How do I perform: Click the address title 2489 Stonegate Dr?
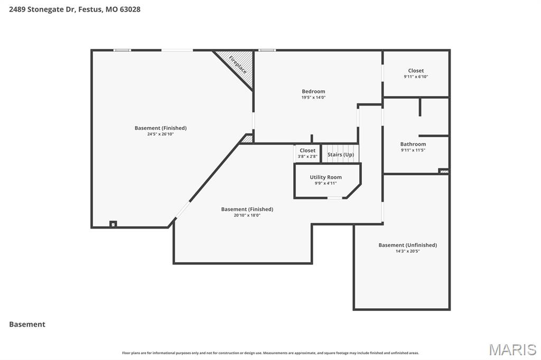tap(74, 9)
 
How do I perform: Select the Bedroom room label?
tap(313, 91)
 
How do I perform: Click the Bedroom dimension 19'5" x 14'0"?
tap(313, 97)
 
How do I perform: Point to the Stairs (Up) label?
tap(341, 155)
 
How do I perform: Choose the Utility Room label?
tap(325, 177)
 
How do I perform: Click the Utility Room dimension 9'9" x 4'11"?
tap(325, 183)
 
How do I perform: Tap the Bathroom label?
tap(413, 144)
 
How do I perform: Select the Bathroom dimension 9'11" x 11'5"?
tap(413, 150)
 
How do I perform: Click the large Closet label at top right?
tap(416, 71)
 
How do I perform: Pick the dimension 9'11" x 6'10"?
tap(416, 77)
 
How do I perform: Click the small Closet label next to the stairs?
tap(307, 150)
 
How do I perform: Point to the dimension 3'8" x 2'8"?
tap(307, 156)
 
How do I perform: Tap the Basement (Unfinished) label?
tap(407, 245)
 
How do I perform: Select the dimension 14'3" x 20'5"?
tap(407, 251)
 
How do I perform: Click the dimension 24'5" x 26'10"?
tap(161, 134)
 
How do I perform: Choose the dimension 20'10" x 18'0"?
tap(247, 215)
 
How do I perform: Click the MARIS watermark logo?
tap(512, 349)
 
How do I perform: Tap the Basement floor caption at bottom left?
tap(27, 324)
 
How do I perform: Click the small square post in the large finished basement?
tap(113, 224)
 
